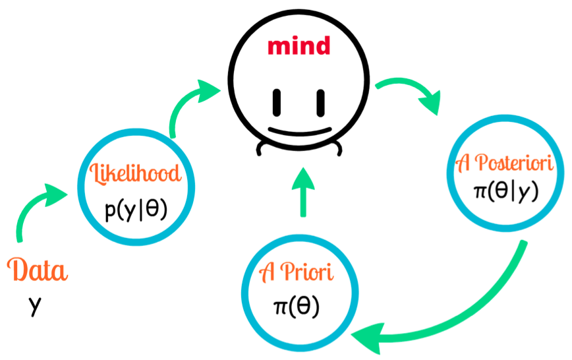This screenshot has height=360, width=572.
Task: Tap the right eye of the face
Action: tap(321, 101)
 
